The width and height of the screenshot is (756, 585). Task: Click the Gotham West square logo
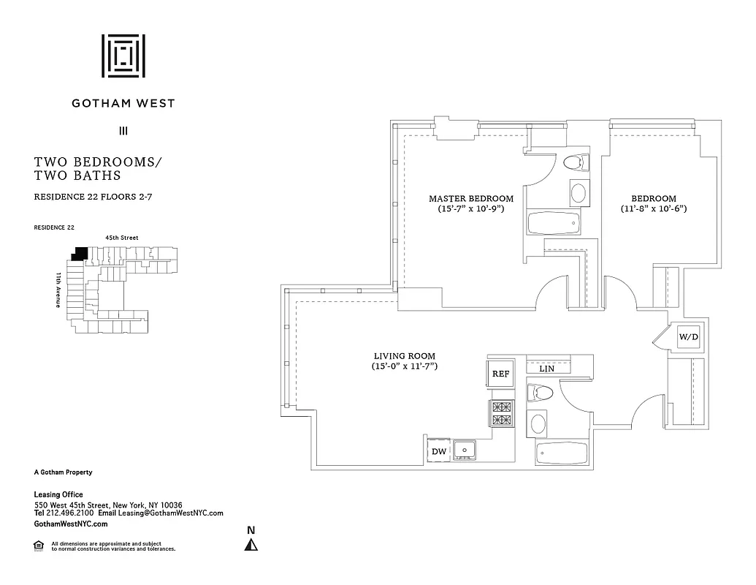point(123,56)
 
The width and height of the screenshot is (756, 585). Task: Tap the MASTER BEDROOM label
point(470,199)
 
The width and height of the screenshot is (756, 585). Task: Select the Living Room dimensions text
point(404,366)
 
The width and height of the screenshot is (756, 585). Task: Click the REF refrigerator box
point(500,374)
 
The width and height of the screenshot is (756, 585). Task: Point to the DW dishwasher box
point(438,451)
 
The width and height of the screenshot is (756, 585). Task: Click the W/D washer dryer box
point(688,337)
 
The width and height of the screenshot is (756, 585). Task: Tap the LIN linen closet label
point(546,369)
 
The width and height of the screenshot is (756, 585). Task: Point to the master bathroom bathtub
point(554,223)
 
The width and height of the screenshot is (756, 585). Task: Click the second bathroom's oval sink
point(538,423)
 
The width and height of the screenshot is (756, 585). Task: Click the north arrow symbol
point(251,544)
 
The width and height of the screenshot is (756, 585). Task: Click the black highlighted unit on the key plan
point(79,253)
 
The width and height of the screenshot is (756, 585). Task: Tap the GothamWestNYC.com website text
point(71,524)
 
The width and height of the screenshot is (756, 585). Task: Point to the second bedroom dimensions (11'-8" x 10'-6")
point(654,208)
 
